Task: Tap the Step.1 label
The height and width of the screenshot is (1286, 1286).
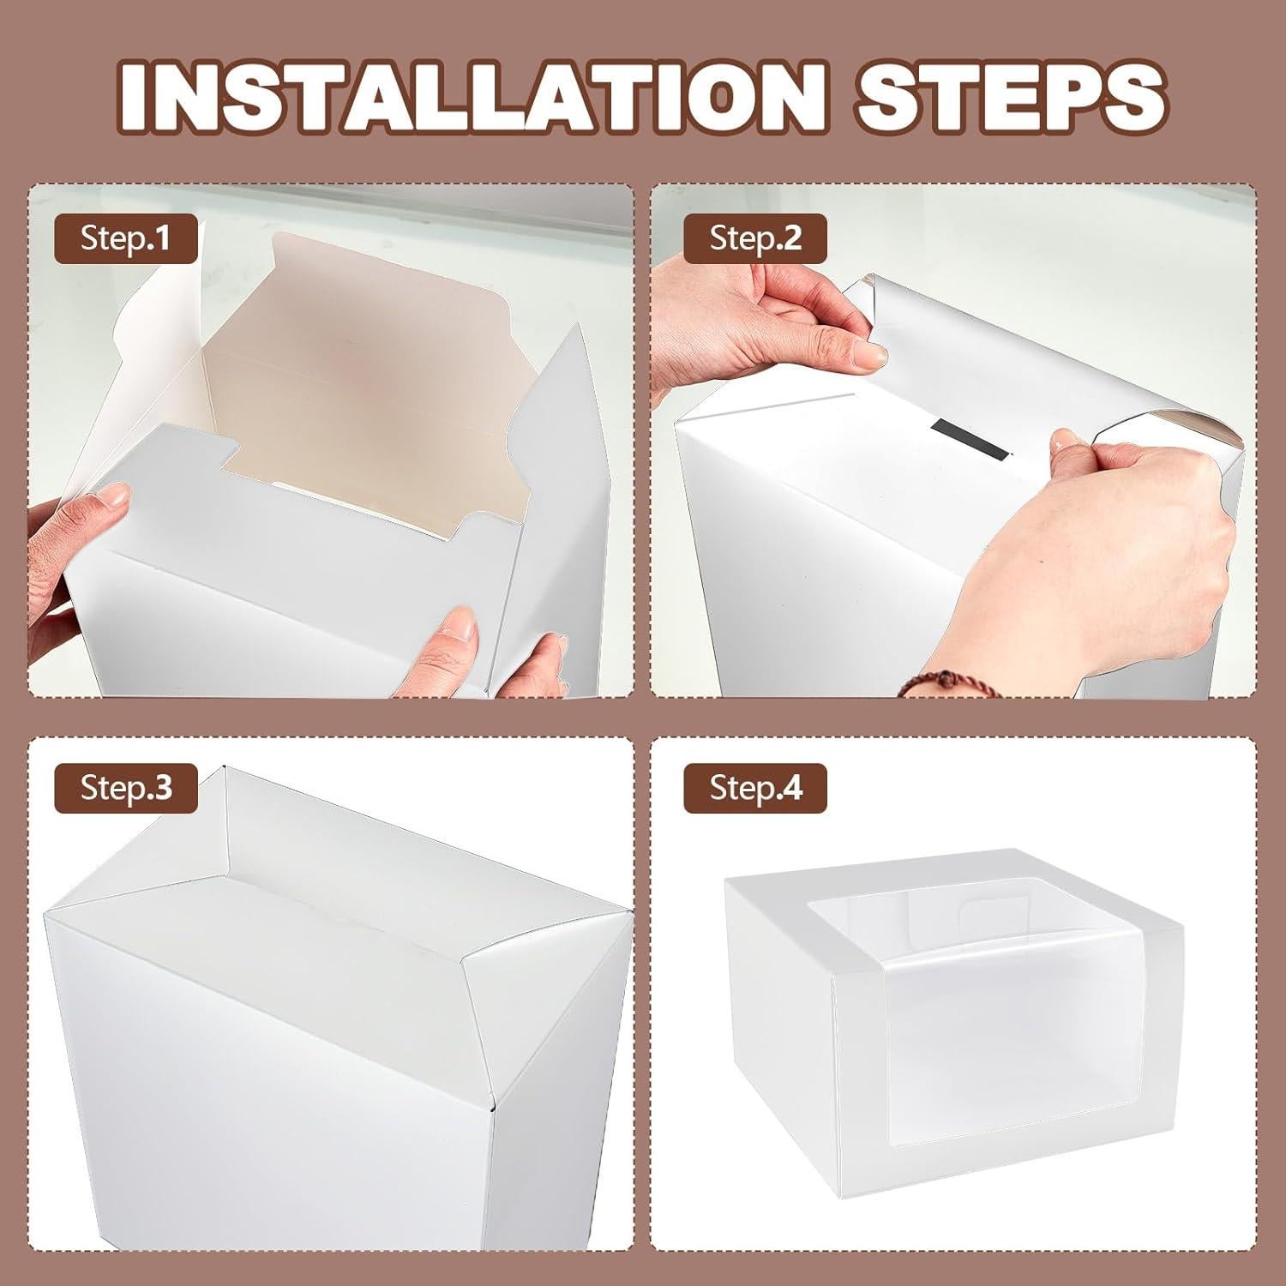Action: coord(126,238)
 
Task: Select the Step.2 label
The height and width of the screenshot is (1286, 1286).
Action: coord(755,238)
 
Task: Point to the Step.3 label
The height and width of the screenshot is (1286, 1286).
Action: coord(126,787)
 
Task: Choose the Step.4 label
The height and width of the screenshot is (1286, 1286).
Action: coord(755,787)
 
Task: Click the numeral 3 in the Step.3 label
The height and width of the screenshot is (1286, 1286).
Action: coord(162,787)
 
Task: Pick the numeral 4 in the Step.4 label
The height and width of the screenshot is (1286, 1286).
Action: coord(792,787)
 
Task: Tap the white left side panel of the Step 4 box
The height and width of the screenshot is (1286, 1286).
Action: coord(780,1029)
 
